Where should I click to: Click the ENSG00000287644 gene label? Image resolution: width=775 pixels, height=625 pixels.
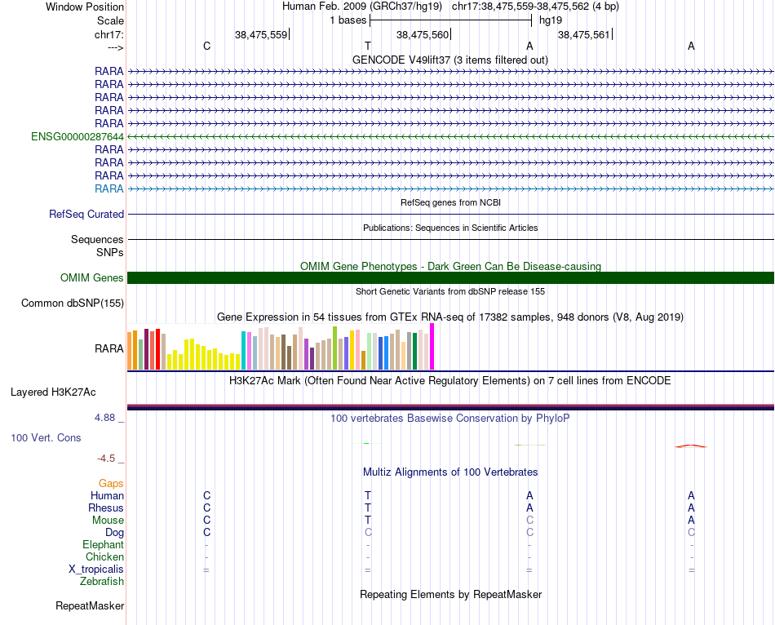point(77,136)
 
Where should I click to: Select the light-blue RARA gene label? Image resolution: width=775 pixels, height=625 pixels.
point(109,188)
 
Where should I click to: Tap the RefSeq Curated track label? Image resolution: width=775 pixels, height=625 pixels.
point(86,214)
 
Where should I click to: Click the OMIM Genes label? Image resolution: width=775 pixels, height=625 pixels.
point(92,278)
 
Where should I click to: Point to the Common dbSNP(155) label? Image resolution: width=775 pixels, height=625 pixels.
point(73,304)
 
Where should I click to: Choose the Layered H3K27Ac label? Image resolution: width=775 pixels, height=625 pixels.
point(53,392)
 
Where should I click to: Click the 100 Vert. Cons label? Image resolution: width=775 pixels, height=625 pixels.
point(46,438)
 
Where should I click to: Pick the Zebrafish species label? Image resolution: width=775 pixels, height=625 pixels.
point(102,582)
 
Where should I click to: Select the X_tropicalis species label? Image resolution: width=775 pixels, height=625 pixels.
point(96,570)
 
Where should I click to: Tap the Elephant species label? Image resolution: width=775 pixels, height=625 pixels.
point(103,544)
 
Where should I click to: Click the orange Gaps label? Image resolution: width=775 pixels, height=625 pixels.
point(111,484)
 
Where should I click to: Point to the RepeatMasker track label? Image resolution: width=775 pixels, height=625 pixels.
point(90,606)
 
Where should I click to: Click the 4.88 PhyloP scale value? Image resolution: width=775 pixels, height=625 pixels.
point(105,418)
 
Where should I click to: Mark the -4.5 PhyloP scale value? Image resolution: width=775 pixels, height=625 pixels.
point(107,459)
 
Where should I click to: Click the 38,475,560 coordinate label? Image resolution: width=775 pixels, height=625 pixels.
point(422,34)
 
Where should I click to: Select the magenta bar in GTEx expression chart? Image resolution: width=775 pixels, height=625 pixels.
point(432,347)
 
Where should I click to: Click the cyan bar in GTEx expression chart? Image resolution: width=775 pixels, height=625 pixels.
point(244,350)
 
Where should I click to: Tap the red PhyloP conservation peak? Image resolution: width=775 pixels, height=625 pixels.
point(691,445)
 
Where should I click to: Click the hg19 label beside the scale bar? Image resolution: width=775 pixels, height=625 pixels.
point(551,20)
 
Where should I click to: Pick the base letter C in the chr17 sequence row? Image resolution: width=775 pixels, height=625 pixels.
point(206,47)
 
